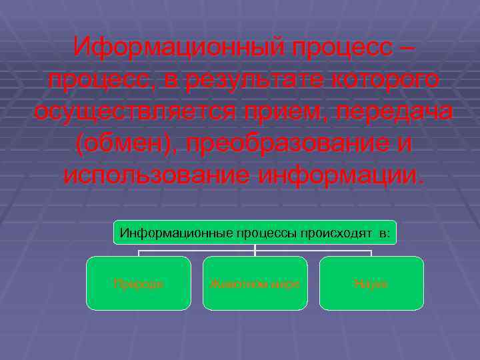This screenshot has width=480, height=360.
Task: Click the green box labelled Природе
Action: [x=139, y=283]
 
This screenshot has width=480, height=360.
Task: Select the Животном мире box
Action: [x=255, y=283]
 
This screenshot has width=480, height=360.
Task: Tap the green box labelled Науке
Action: [x=371, y=283]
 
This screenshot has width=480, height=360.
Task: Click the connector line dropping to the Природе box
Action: [x=139, y=253]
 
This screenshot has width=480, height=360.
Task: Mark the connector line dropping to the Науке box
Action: [x=371, y=253]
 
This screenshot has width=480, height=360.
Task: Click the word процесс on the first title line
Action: [x=331, y=48]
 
